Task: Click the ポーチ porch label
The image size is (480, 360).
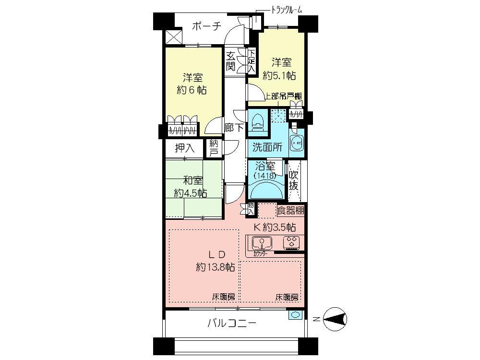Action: [x=206, y=26]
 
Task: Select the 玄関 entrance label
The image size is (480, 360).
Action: [x=231, y=61]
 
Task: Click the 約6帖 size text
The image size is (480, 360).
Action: [x=192, y=90]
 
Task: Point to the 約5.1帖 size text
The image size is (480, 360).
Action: [x=279, y=75]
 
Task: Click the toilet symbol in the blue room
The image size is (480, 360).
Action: [x=258, y=121]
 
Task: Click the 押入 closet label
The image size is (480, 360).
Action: [x=184, y=148]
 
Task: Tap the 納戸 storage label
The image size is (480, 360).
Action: [x=214, y=147]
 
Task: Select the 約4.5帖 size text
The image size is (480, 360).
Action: [x=190, y=193]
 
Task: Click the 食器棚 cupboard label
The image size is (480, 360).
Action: [x=291, y=210]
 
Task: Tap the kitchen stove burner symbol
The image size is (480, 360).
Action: [x=291, y=242]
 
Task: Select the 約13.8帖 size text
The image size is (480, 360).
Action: [x=215, y=267]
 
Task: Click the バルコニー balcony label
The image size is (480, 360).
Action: [x=232, y=323]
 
